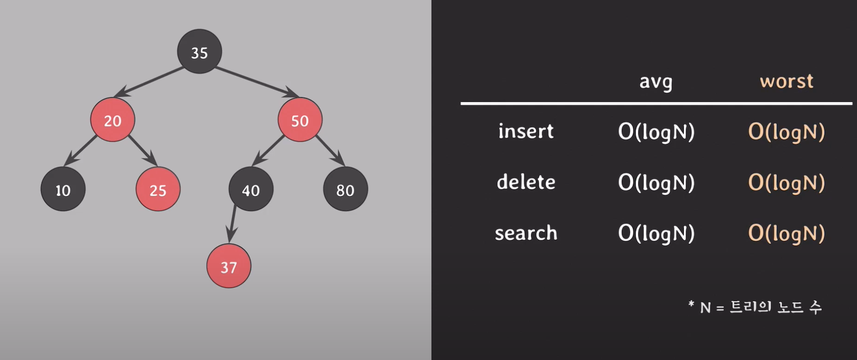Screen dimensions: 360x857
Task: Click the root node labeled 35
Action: coord(200,51)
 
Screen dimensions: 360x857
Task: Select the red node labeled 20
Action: coord(113,120)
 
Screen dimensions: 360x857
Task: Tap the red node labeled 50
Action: coord(300,120)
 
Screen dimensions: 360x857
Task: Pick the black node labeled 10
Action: coord(63,189)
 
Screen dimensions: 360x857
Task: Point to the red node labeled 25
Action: coord(158,189)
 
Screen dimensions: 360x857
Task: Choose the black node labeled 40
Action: coord(251,189)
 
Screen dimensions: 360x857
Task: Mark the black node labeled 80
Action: coord(345,189)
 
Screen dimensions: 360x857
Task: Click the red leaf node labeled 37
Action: coord(229,266)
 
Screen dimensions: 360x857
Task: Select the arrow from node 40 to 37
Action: coord(232,224)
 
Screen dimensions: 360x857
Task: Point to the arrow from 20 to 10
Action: coord(81,150)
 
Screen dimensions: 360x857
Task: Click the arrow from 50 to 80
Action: coord(330,150)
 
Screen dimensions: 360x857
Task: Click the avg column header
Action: coord(656,82)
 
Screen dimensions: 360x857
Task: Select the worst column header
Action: coord(786,81)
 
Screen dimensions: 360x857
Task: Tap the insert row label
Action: coord(526,131)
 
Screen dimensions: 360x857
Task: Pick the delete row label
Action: coord(526,182)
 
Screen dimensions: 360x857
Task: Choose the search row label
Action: coord(526,233)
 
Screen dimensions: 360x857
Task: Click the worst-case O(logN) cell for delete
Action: coord(787,183)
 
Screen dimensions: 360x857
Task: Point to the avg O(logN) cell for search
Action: coord(656,234)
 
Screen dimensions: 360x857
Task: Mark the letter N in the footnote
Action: coord(705,308)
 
